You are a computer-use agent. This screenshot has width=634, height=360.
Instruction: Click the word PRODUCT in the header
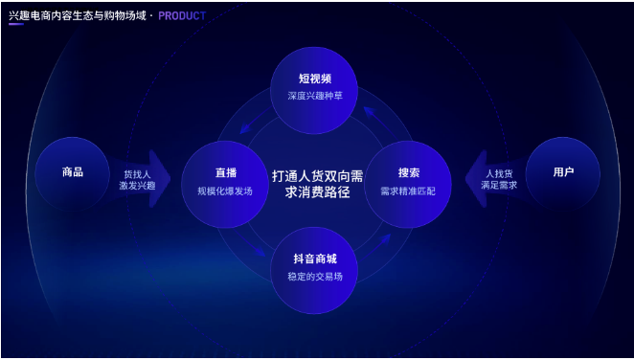tap(182, 16)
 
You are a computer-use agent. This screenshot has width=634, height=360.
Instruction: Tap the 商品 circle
tap(73, 172)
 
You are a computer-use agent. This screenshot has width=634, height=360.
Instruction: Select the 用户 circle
tap(563, 172)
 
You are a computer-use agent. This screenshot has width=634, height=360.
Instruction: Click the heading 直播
tap(225, 173)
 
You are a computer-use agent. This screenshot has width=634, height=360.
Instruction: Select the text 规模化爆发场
tap(225, 191)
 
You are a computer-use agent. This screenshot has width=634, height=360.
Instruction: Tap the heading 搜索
tap(408, 173)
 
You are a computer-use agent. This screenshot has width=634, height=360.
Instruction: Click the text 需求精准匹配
tap(408, 191)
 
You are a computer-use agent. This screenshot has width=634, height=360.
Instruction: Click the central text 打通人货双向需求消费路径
tap(317, 184)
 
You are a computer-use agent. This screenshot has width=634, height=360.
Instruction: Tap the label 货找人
tap(137, 174)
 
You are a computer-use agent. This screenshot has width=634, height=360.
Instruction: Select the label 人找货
tap(499, 174)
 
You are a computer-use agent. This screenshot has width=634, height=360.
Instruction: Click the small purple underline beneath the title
tap(17, 26)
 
